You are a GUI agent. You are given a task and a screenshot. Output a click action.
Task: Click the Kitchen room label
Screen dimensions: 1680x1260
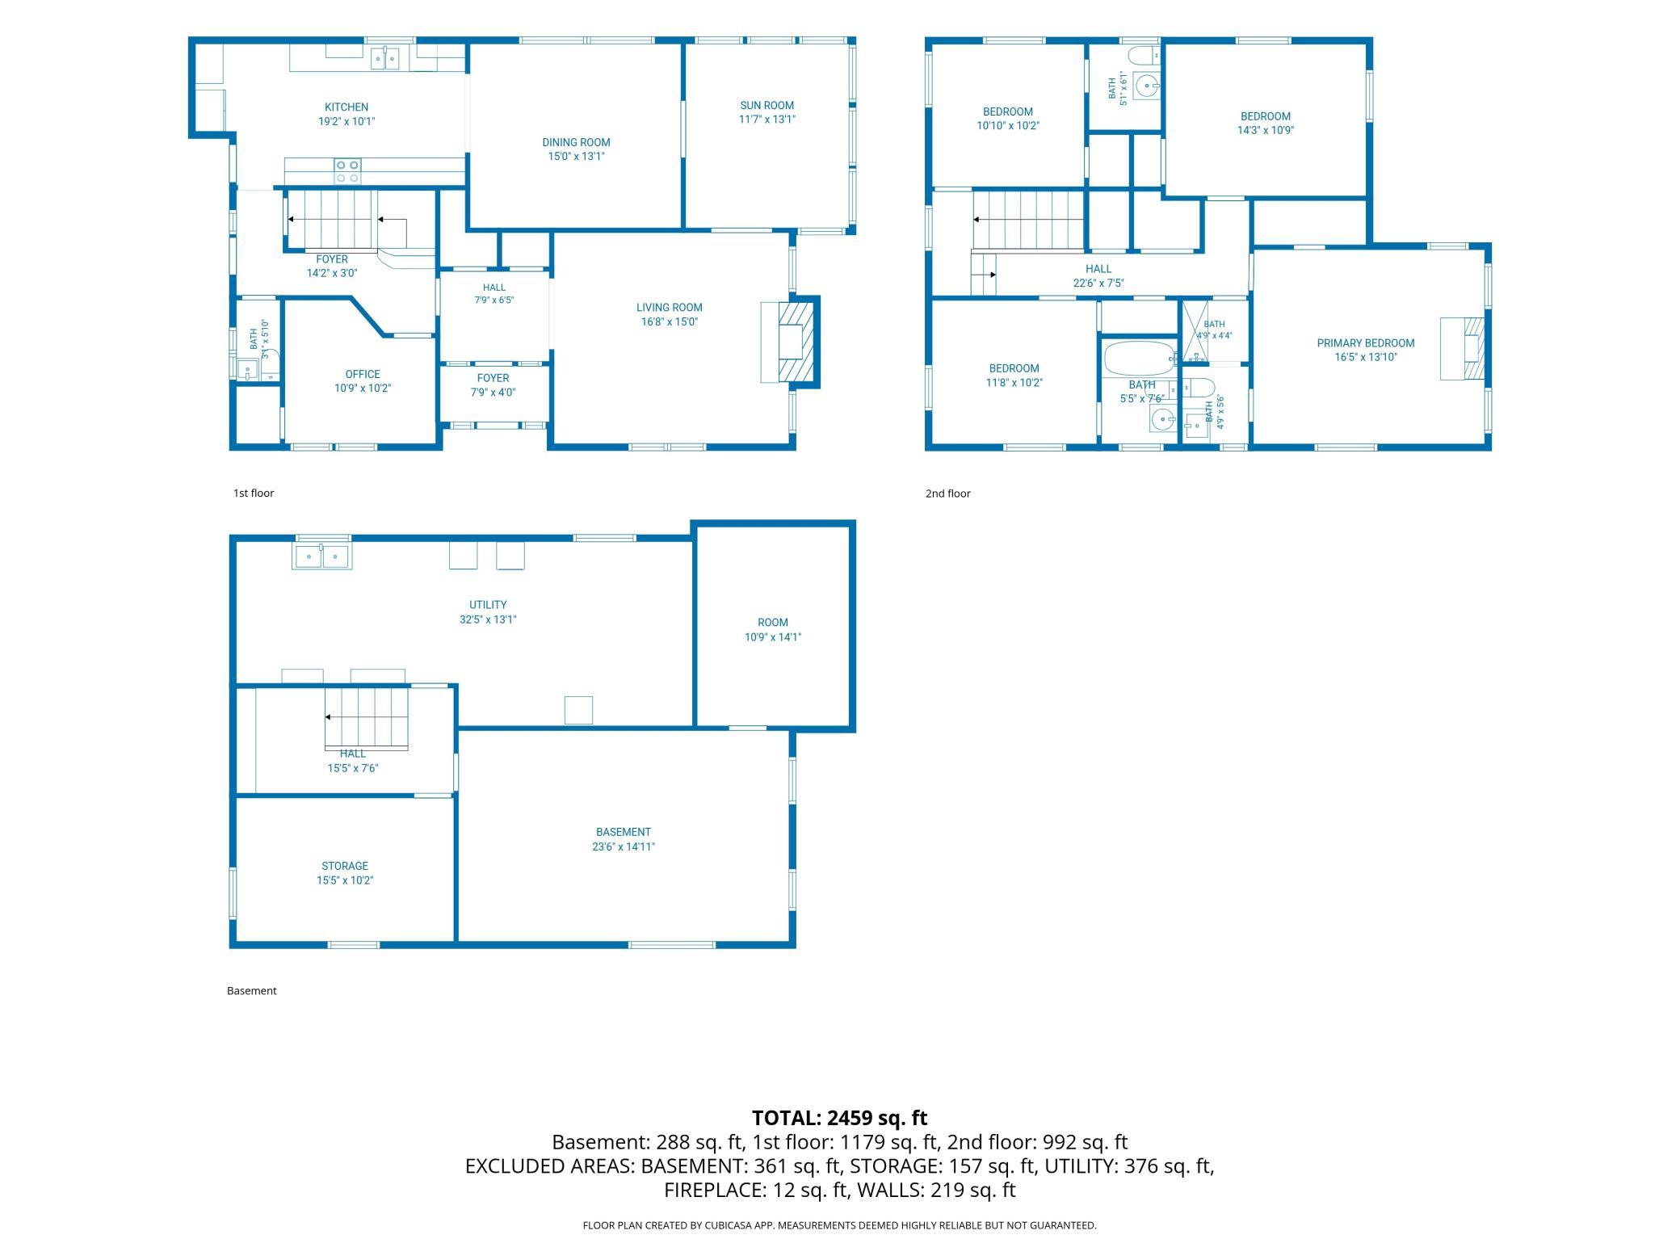point(346,107)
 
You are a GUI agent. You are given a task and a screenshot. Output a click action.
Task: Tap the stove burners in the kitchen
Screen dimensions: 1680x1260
point(347,171)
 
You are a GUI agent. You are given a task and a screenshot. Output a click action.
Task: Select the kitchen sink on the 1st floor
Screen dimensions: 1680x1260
point(385,59)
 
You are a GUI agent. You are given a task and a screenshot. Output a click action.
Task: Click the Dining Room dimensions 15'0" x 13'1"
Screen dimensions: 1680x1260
point(576,157)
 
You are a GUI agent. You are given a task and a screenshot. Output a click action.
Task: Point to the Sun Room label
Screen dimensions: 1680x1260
point(766,106)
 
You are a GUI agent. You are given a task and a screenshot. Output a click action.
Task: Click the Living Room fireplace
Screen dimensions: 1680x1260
point(790,342)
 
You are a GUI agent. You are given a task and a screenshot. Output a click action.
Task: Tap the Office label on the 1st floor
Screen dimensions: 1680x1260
point(363,375)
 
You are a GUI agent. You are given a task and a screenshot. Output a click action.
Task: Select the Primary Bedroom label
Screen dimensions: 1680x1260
point(1366,343)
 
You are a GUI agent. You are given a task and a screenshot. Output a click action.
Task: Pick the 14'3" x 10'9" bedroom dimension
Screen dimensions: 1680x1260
point(1266,130)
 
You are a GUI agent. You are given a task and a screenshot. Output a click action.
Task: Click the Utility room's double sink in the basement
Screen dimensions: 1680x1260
point(321,556)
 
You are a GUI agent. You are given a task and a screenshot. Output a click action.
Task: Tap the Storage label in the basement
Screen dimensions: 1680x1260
point(345,866)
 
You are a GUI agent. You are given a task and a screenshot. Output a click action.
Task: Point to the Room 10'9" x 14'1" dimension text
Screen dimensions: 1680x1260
point(773,637)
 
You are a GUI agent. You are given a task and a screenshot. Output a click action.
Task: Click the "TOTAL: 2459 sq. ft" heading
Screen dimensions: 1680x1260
point(840,1118)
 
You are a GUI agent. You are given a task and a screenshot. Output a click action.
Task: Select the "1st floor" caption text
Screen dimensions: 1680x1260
point(254,493)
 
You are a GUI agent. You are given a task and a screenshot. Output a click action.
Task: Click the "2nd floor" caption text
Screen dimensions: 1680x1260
point(948,493)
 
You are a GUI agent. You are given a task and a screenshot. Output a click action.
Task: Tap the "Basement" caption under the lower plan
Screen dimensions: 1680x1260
point(252,991)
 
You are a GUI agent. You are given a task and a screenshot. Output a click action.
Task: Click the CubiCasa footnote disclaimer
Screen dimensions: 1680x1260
point(840,1225)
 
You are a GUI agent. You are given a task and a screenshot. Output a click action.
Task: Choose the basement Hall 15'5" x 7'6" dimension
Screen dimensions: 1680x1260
point(353,769)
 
